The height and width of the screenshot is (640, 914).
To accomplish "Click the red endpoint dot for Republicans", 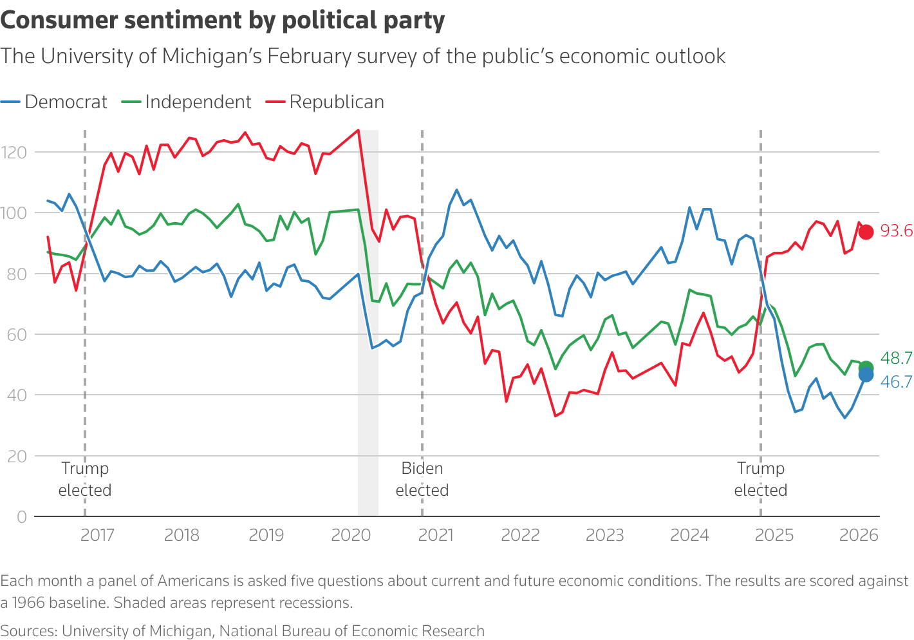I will tap(866, 232).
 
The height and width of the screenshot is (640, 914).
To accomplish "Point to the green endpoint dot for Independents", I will tap(866, 368).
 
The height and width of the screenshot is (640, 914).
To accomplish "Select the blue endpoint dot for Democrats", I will tap(866, 375).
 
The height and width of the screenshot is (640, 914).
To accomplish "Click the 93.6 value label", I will tap(896, 231).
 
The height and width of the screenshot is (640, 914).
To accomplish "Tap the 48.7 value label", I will tap(896, 359).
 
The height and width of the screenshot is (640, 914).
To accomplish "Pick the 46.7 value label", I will tap(896, 382).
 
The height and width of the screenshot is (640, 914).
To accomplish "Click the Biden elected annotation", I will tap(422, 479).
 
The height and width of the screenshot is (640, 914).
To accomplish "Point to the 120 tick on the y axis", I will tap(14, 153).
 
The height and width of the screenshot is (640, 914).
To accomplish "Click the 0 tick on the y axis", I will tap(22, 516).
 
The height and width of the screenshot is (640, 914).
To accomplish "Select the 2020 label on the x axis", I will tap(351, 535).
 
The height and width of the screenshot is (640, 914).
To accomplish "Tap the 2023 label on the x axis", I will tap(604, 535).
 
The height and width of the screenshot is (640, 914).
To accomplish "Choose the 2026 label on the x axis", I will tap(859, 535).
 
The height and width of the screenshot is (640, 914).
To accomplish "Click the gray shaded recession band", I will tap(368, 322).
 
